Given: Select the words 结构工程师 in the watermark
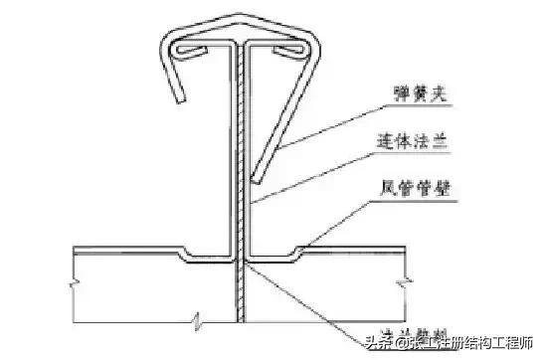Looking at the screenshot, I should coord(501,346).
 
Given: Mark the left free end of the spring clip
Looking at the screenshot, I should coord(180,102).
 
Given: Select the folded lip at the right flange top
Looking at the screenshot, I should coord(282,49).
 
